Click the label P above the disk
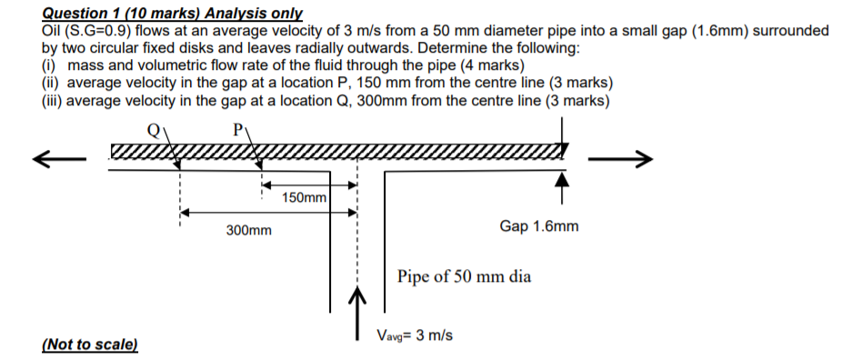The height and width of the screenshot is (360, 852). [239, 130]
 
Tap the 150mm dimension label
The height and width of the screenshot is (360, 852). [305, 197]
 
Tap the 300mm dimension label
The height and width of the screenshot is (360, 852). [248, 231]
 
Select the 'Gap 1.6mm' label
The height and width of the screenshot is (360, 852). [538, 225]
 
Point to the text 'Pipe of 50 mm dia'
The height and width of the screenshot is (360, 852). [464, 276]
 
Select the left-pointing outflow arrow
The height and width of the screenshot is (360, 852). [58, 161]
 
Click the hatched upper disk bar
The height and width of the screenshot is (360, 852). [336, 150]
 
